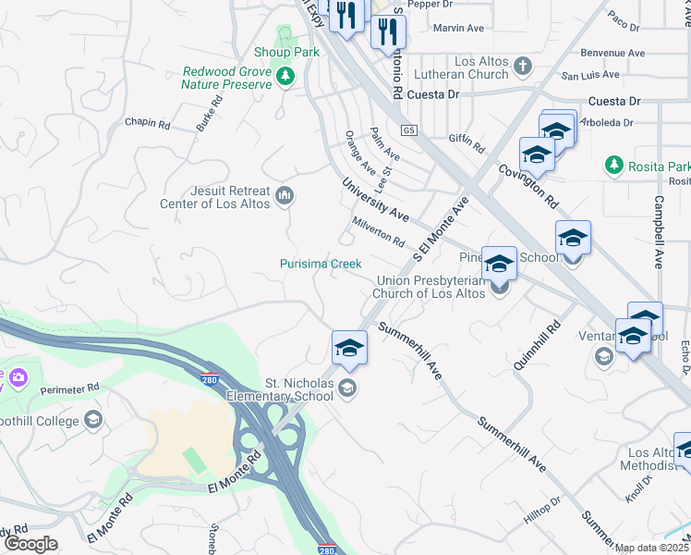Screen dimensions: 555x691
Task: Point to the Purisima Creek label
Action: coord(321,264)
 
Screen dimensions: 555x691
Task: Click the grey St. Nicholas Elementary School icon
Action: coord(347,388)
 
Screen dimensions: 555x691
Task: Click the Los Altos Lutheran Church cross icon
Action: coord(523,66)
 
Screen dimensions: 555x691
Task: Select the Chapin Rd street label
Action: coord(148,122)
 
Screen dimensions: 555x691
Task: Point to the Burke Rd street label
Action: coord(209,116)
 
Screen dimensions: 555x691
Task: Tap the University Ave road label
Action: coord(375,200)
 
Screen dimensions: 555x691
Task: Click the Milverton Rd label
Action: coord(378,232)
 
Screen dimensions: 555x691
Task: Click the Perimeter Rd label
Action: coord(70,388)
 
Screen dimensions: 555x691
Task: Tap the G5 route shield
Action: coord(409,131)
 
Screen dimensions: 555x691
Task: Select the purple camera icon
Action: coord(17,377)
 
